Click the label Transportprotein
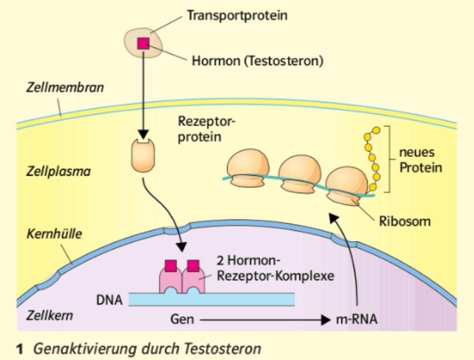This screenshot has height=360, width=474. [x=237, y=15]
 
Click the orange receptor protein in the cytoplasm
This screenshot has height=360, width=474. [x=143, y=154]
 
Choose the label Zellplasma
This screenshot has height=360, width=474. [x=59, y=172]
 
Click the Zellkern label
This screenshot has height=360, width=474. [x=49, y=315]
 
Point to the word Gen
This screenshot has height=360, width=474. [x=182, y=319]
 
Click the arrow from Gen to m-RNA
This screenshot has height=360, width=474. [x=264, y=319]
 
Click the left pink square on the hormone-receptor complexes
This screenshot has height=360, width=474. [x=169, y=265]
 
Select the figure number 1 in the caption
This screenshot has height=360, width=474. [x=20, y=349]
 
